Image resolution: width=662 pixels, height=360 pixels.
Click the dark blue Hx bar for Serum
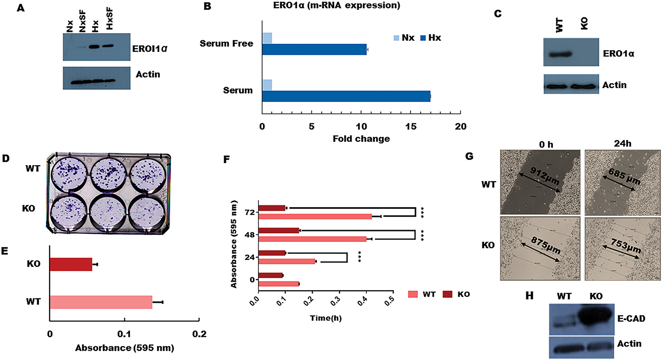346,96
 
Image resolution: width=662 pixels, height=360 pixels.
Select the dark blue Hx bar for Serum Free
314,49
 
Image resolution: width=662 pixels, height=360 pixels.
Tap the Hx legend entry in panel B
431,38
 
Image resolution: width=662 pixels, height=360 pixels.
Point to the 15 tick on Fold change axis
411,126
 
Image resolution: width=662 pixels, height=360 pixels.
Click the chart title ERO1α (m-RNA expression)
336,6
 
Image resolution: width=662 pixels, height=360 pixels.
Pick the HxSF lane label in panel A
110,19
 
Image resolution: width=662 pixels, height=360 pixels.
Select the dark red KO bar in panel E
71,264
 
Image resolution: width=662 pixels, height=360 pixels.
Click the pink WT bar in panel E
101,302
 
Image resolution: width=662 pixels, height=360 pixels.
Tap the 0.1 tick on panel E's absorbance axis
124,334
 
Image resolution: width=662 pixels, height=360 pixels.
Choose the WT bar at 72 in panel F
315,217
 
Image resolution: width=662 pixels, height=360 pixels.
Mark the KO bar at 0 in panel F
270,275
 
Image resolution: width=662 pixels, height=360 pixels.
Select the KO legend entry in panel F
457,294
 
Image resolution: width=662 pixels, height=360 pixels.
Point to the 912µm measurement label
545,176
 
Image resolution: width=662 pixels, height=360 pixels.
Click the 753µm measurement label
626,246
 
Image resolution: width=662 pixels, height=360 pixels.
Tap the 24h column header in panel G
622,144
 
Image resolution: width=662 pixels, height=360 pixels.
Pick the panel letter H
529,295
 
